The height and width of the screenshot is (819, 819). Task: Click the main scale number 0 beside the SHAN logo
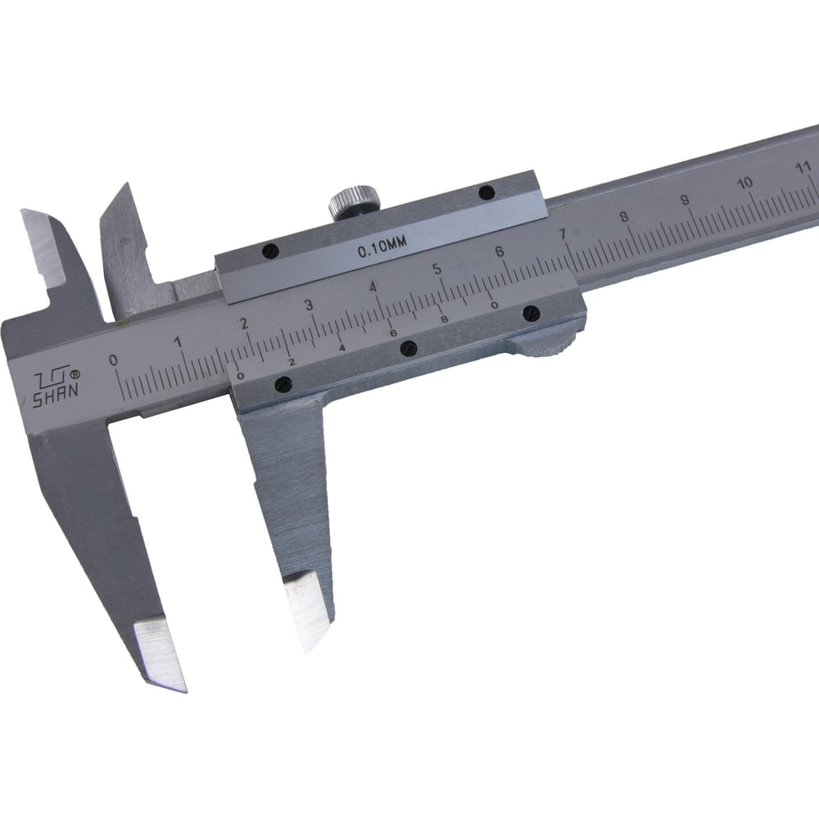(x=113, y=360)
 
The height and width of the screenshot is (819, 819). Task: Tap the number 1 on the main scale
(x=178, y=342)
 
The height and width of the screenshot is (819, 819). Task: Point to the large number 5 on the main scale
(x=437, y=269)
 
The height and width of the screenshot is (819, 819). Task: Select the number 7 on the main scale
(x=563, y=234)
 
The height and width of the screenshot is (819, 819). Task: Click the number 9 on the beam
(x=685, y=200)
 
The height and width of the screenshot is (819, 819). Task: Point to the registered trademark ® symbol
(x=75, y=374)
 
